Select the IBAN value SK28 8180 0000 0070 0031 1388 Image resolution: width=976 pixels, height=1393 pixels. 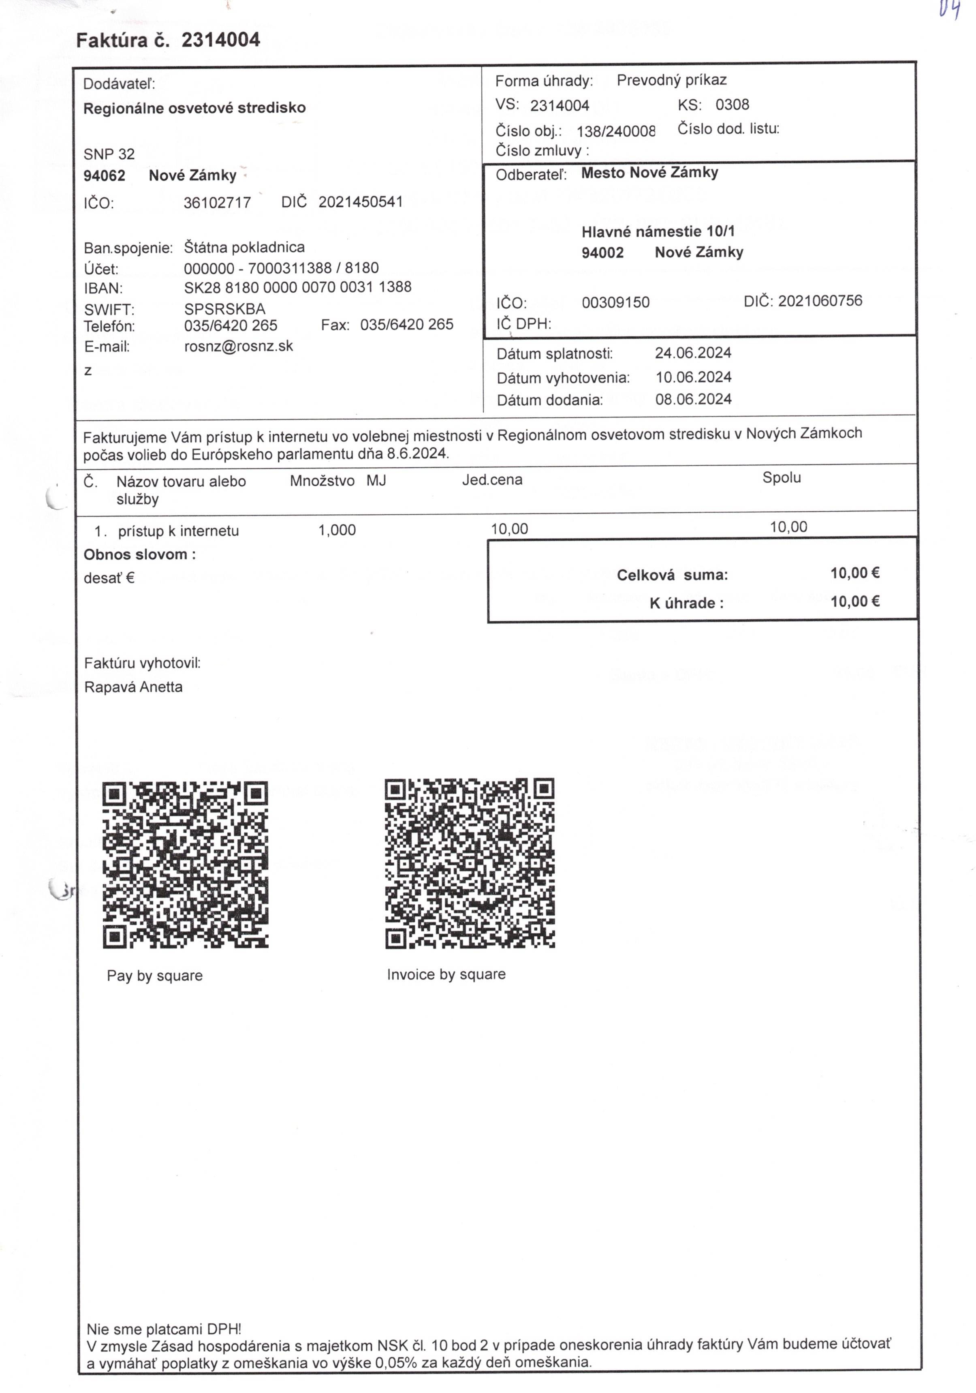298,287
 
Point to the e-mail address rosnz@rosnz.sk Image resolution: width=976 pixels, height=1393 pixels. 238,347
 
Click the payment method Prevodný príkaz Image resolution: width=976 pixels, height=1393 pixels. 671,80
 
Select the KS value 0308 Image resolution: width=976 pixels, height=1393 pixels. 732,105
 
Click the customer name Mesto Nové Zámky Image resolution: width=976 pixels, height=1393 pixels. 649,173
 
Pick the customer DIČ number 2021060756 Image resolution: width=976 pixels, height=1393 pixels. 820,301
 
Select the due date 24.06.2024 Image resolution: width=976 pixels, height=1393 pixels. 693,353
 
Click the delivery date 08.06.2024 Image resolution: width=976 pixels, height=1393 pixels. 693,399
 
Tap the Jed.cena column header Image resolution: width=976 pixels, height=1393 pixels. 492,480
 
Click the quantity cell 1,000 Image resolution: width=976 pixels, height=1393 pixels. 337,530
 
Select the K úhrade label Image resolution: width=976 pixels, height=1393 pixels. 686,603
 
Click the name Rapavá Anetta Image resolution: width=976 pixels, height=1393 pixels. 133,687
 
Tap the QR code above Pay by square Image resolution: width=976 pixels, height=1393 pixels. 185,864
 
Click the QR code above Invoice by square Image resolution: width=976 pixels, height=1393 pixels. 470,863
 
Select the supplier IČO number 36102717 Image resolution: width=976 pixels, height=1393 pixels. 217,203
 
